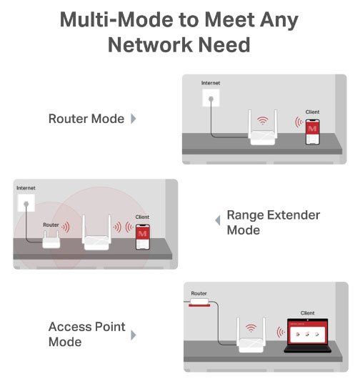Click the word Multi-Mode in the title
116,20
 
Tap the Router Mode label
86,119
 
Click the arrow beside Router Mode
134,119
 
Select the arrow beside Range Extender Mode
218,220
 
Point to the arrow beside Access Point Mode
134,335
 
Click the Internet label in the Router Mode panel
211,83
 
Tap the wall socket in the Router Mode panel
211,98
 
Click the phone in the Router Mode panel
312,132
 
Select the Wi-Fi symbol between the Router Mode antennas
262,120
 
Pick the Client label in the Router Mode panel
312,112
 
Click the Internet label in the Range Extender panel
26,188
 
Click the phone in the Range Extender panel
143,237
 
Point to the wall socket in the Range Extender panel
26,203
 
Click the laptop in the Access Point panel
307,335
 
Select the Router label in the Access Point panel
199,293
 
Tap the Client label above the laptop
307,313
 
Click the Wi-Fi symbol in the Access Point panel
251,328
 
